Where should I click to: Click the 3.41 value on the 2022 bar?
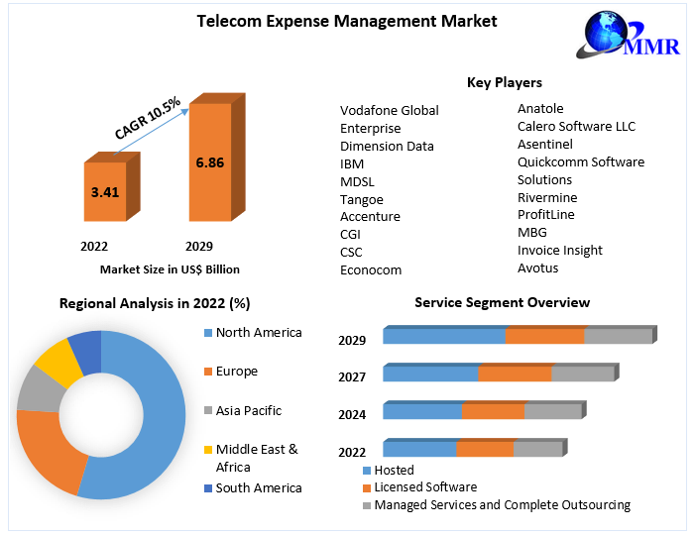pyautogui.click(x=104, y=192)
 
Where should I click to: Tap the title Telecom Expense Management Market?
pyautogui.click(x=347, y=21)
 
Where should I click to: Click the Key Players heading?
pyautogui.click(x=504, y=82)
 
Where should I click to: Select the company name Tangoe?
pyautogui.click(x=361, y=199)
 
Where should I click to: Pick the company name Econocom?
pyautogui.click(x=371, y=269)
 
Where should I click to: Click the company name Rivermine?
pyautogui.click(x=546, y=197)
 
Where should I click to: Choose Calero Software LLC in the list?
pyautogui.click(x=576, y=127)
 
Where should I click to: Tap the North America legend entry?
pyautogui.click(x=258, y=333)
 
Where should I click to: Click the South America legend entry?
pyautogui.click(x=258, y=487)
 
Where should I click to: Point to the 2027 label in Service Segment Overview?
pyautogui.click(x=352, y=377)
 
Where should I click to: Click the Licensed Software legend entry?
pyautogui.click(x=425, y=487)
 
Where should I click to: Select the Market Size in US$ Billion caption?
pyautogui.click(x=170, y=268)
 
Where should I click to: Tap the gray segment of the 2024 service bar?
pyautogui.click(x=552, y=411)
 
